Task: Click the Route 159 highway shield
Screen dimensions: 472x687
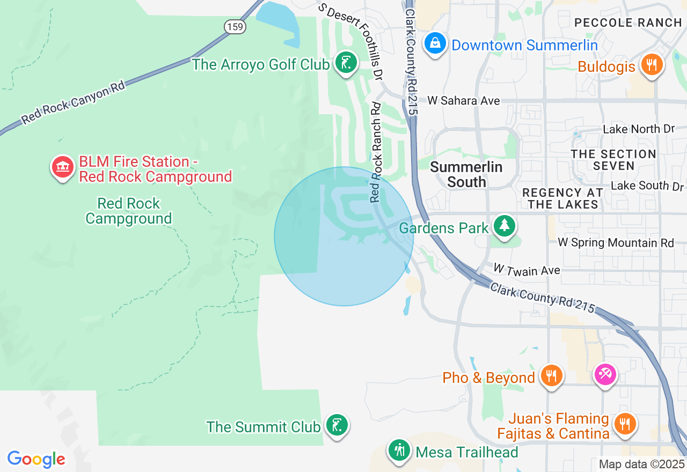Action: (x=235, y=27)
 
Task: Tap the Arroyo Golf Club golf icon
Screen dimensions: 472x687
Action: (x=346, y=63)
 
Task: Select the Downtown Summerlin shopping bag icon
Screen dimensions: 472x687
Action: (x=435, y=43)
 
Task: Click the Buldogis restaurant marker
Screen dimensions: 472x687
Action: (x=651, y=65)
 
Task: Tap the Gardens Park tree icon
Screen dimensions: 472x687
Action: (x=504, y=226)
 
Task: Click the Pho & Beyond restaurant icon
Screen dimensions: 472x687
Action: (x=551, y=375)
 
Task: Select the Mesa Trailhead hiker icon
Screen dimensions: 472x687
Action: (x=399, y=449)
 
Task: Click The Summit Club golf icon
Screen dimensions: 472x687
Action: (x=337, y=425)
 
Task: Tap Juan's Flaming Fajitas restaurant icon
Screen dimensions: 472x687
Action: (x=624, y=423)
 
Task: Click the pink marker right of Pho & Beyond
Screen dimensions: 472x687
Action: (x=605, y=373)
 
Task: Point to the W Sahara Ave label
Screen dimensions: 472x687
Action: (x=464, y=101)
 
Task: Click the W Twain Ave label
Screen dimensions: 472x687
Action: (x=527, y=270)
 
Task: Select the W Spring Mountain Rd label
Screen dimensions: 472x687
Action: (x=616, y=243)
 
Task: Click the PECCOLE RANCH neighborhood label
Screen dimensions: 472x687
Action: (x=627, y=23)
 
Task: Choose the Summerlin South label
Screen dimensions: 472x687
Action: (x=466, y=174)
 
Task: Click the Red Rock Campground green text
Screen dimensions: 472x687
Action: (x=129, y=211)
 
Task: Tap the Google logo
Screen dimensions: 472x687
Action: (x=36, y=459)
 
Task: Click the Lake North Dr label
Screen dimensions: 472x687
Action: (x=638, y=129)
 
